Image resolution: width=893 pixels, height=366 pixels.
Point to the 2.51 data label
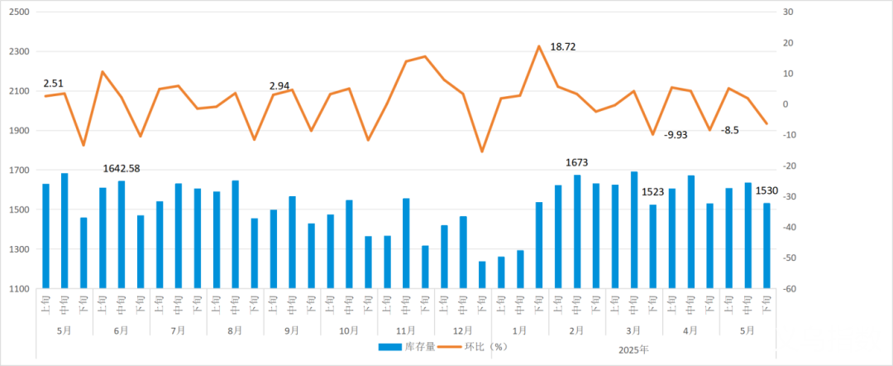point(54,83)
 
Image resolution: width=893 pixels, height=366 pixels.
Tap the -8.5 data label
point(730,130)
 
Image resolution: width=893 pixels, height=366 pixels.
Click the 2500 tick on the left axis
point(18,12)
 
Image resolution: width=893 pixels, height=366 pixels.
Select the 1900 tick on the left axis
point(18,131)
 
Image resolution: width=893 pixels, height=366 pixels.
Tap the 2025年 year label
point(633,349)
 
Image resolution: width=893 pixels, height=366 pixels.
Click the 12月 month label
point(462,330)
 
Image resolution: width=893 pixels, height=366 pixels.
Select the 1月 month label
point(519,330)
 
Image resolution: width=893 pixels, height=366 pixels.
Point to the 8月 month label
point(235,330)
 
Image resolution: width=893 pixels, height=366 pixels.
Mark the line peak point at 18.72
point(539,46)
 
